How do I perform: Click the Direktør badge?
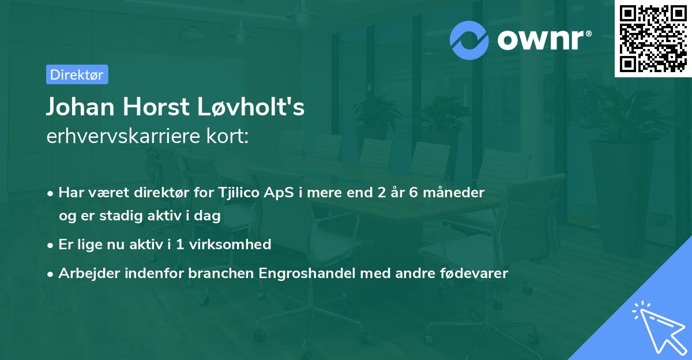[x=77, y=74]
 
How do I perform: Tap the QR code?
[x=653, y=39]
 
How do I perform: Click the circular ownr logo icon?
[x=469, y=40]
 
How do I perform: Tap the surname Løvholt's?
[x=254, y=107]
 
